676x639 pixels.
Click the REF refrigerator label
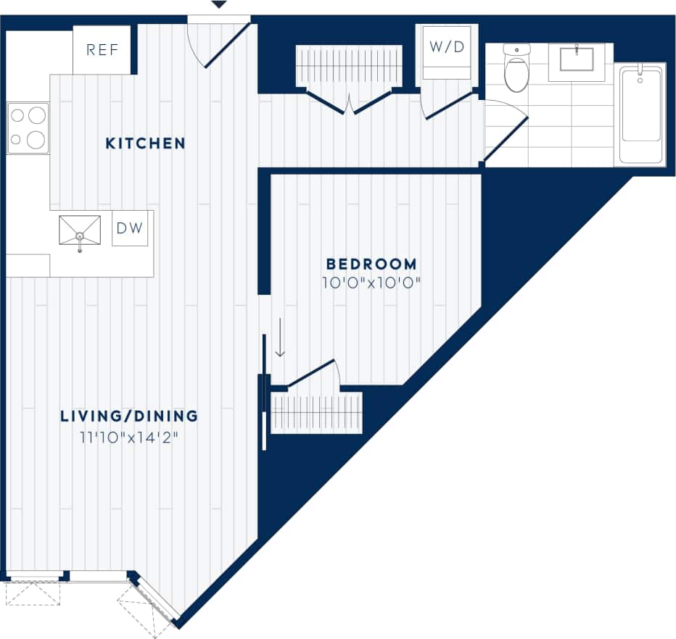[x=102, y=50]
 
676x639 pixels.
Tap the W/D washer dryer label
[x=447, y=47]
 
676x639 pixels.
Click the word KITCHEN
[x=145, y=143]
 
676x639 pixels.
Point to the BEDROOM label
[x=371, y=264]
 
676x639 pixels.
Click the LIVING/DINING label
[x=129, y=416]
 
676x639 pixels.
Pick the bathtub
[x=640, y=114]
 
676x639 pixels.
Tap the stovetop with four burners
[x=28, y=128]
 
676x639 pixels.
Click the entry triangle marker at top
[x=219, y=5]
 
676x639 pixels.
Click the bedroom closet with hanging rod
[x=316, y=413]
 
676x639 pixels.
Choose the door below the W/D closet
[x=447, y=105]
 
